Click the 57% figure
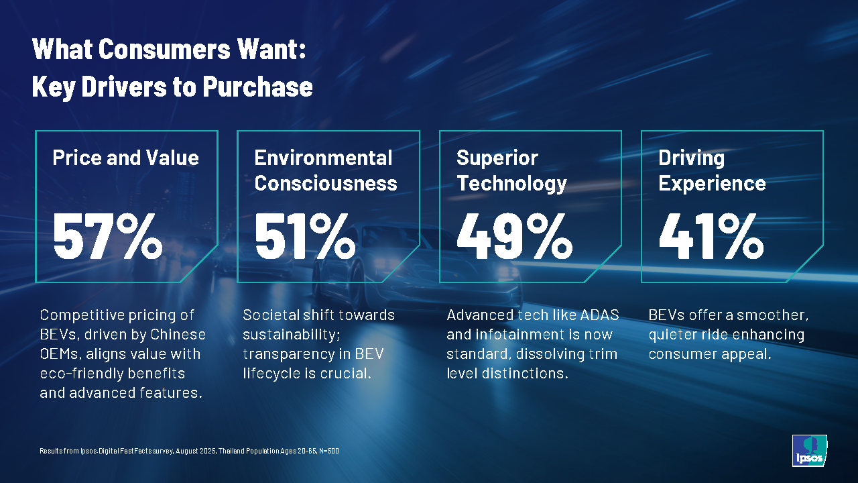[107, 235]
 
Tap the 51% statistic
[305, 235]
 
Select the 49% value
[514, 235]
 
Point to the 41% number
[711, 235]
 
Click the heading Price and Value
[125, 158]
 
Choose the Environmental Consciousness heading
[326, 170]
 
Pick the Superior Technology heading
[511, 170]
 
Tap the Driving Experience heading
[712, 170]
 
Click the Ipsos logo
[809, 450]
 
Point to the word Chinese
[177, 334]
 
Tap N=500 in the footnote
[328, 451]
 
